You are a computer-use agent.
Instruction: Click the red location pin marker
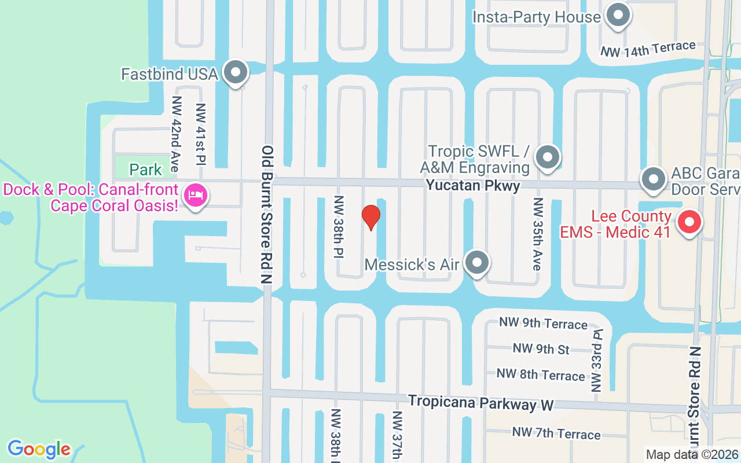(x=370, y=217)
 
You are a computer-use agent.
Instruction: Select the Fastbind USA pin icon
(x=236, y=73)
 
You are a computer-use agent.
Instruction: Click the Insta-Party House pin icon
(x=617, y=16)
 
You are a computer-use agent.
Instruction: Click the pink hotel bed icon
(x=196, y=195)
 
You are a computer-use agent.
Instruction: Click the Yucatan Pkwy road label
(x=472, y=185)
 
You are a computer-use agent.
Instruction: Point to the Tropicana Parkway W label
(x=480, y=403)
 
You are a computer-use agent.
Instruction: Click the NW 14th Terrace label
(x=648, y=49)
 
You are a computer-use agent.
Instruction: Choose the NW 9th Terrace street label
(x=543, y=323)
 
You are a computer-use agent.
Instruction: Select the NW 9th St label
(x=541, y=349)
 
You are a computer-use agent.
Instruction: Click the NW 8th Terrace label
(x=541, y=374)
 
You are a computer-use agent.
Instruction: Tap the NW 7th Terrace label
(x=556, y=433)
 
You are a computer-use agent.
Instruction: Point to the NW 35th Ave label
(x=538, y=234)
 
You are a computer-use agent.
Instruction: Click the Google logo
(x=39, y=449)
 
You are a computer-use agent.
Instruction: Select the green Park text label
(x=146, y=170)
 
